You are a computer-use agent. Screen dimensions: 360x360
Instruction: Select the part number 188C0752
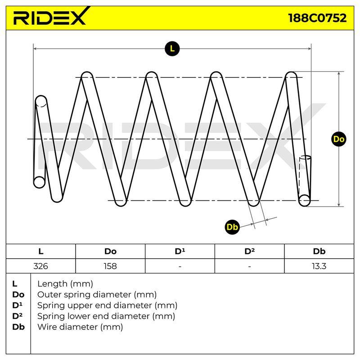[x=317, y=18]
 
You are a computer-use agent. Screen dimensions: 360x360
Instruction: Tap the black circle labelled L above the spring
[x=172, y=49]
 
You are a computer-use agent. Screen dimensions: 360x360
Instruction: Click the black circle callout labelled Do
[x=339, y=139]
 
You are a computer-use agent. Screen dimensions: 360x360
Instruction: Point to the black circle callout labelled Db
[x=232, y=227]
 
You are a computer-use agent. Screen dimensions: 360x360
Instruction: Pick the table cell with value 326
[x=40, y=266]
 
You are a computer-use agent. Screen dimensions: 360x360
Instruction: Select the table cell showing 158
[x=110, y=266]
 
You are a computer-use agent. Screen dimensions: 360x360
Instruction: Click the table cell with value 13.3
[x=319, y=266]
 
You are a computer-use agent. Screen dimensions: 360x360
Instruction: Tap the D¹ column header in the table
[x=180, y=252]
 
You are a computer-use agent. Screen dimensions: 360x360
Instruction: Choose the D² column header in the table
[x=250, y=252]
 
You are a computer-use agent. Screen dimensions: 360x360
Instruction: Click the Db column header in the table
[x=319, y=252]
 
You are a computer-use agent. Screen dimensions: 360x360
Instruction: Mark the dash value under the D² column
[x=250, y=266]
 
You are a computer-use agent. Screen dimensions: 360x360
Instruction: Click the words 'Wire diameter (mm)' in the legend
[x=80, y=327]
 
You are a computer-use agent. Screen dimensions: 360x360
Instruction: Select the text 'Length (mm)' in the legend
[x=65, y=284]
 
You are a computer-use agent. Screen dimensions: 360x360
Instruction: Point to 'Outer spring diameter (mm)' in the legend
[x=97, y=295]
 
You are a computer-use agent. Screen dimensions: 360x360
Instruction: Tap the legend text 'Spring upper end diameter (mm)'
[x=107, y=306]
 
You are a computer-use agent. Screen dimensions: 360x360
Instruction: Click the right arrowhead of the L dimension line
[x=310, y=49]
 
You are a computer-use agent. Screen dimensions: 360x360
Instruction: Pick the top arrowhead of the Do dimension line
[x=339, y=73]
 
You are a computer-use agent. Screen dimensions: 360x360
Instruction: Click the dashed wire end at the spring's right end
[x=305, y=177]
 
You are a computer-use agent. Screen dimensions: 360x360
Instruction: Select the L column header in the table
[x=40, y=252]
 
